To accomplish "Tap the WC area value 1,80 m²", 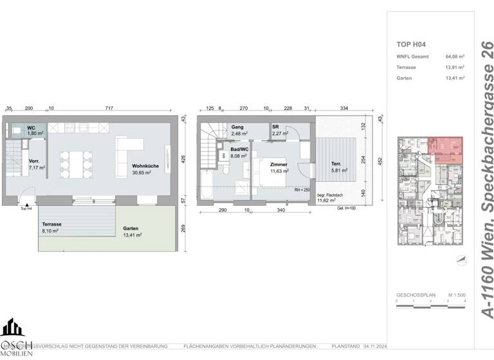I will (x=35, y=133).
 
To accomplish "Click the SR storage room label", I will (x=275, y=127).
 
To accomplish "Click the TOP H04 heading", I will (x=412, y=44).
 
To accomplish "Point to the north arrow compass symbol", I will (x=459, y=259).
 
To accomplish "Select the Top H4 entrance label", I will (x=26, y=208).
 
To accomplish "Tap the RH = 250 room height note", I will (x=303, y=191).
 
